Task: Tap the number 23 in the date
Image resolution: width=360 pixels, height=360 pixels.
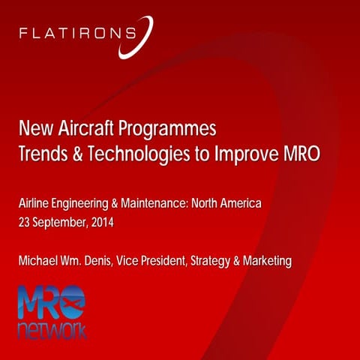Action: (25, 223)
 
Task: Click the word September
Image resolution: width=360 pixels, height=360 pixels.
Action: (61, 223)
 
